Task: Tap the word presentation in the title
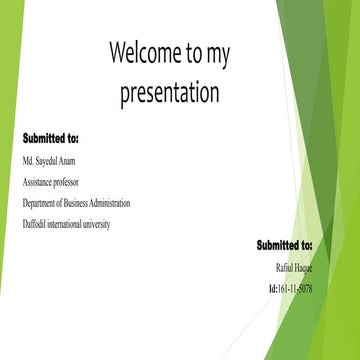coord(169,94)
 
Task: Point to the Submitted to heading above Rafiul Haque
coord(284,245)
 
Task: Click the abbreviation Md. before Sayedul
coord(28,160)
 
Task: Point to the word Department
coord(44,203)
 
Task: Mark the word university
coord(118,224)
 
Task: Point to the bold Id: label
coord(273,289)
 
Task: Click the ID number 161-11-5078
coord(296,289)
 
